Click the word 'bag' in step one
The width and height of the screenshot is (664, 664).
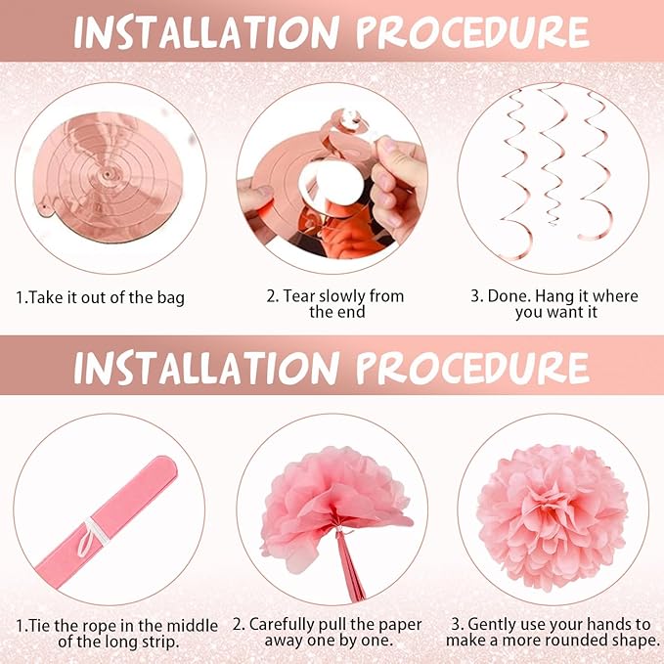[x=171, y=298]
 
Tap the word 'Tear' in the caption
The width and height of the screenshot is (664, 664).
[x=299, y=296]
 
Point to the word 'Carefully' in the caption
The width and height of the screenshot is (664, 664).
[x=282, y=625]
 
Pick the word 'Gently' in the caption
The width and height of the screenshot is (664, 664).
[x=493, y=625]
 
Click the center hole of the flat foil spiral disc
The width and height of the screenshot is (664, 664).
[x=107, y=174]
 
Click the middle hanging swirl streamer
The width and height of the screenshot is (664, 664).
[x=553, y=156]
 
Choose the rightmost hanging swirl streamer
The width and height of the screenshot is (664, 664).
[x=595, y=165]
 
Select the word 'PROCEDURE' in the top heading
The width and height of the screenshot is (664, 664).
[x=472, y=32]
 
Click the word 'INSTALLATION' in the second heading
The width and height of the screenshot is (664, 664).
[x=207, y=367]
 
